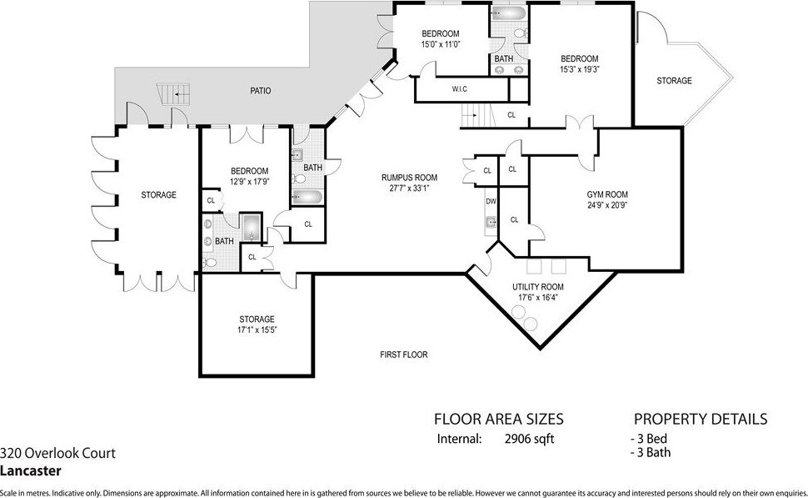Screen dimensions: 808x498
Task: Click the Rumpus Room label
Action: [x=409, y=178]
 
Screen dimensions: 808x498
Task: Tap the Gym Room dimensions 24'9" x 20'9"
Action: [x=607, y=205]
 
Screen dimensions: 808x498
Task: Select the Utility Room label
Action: [x=538, y=287]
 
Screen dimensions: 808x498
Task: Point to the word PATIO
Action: [x=261, y=91]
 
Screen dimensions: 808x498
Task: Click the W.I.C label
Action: [x=460, y=89]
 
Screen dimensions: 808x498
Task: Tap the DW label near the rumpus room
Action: [x=491, y=201]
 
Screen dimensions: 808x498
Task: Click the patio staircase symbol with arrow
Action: [x=175, y=94]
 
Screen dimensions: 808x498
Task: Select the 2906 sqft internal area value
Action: [x=529, y=439]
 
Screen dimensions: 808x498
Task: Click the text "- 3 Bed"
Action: [x=649, y=439]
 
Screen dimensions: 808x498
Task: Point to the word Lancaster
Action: [x=30, y=470]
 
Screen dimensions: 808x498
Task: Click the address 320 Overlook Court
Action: [x=57, y=453]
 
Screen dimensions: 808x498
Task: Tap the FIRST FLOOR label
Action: [x=404, y=355]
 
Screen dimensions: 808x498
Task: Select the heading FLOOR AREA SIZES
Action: [x=499, y=419]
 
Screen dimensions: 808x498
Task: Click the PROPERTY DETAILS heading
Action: [x=701, y=419]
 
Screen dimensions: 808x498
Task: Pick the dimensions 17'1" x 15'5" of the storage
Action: [x=257, y=329]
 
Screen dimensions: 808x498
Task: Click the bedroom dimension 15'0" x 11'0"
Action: [x=441, y=44]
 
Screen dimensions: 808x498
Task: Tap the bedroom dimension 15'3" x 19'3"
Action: [x=580, y=68]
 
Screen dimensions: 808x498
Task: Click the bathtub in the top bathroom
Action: [x=509, y=13]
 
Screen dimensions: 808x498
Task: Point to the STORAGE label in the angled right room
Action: [x=674, y=81]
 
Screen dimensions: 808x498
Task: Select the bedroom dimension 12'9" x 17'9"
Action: [x=249, y=181]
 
